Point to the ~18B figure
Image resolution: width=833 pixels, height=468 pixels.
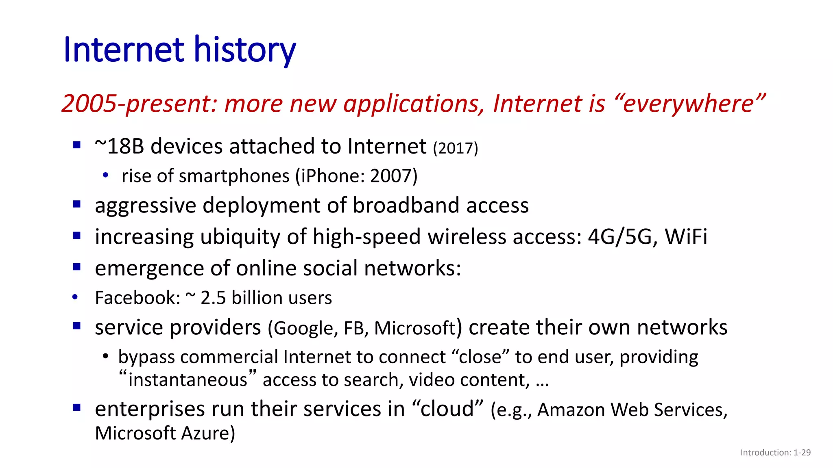coord(120,146)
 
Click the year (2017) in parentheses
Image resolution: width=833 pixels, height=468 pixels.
coord(455,148)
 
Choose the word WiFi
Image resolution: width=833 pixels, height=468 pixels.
coord(686,236)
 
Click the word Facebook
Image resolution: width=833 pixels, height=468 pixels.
coord(137,298)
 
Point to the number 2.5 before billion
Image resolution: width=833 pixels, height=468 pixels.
coord(213,298)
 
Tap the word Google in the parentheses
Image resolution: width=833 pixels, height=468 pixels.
coord(303,328)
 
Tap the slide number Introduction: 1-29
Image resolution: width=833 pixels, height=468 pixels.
coord(775,453)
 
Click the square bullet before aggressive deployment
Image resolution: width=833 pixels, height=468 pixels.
coord(77,204)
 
